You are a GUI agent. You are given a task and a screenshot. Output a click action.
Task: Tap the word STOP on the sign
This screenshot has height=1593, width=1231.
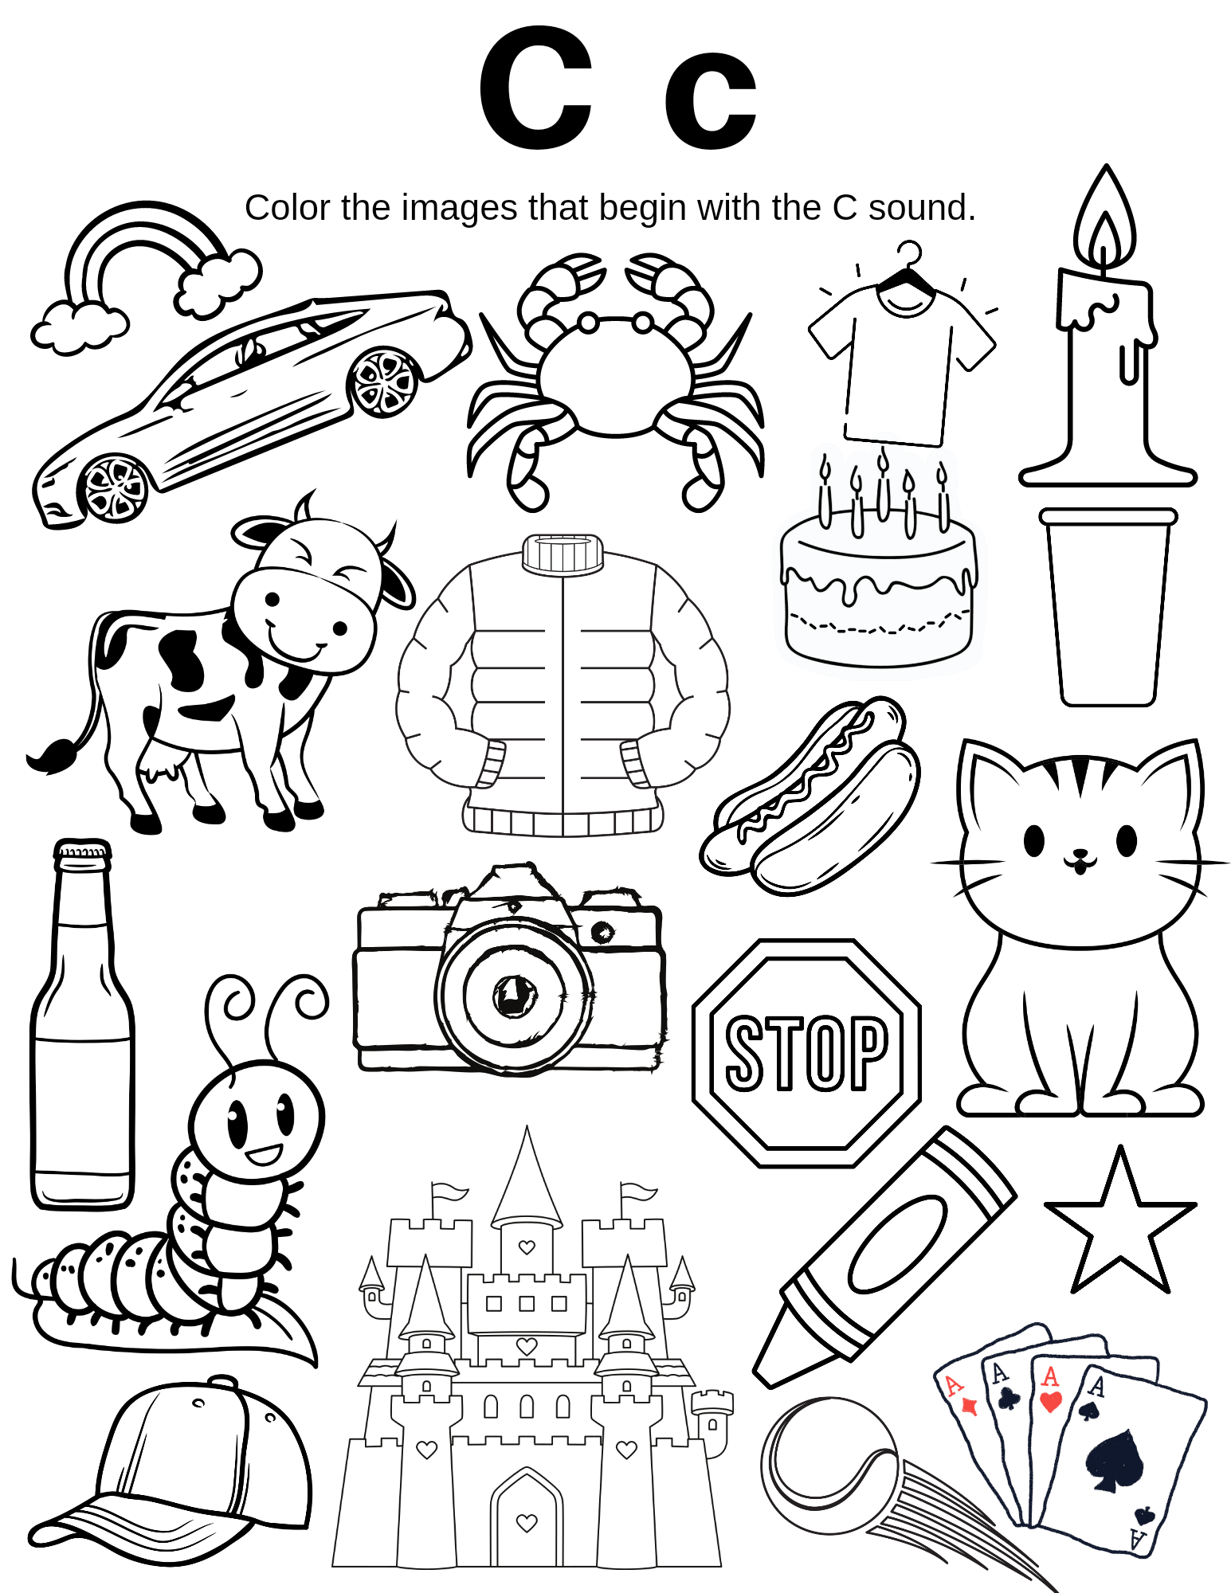[x=806, y=1052]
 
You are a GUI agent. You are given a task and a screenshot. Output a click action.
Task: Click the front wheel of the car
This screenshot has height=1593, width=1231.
[x=116, y=487]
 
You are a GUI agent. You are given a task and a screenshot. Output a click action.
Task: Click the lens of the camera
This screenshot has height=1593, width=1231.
[x=515, y=996]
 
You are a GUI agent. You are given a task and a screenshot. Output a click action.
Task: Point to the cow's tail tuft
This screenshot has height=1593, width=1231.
[x=52, y=756]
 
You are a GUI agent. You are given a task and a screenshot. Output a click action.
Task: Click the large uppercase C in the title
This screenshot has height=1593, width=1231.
[x=536, y=88]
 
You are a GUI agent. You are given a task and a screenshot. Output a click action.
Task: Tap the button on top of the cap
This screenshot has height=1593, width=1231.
[x=222, y=1381]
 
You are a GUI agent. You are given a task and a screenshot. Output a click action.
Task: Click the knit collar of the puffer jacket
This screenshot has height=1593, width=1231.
[x=563, y=553]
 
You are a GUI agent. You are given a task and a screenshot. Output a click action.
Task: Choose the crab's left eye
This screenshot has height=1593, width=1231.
[x=588, y=323]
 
